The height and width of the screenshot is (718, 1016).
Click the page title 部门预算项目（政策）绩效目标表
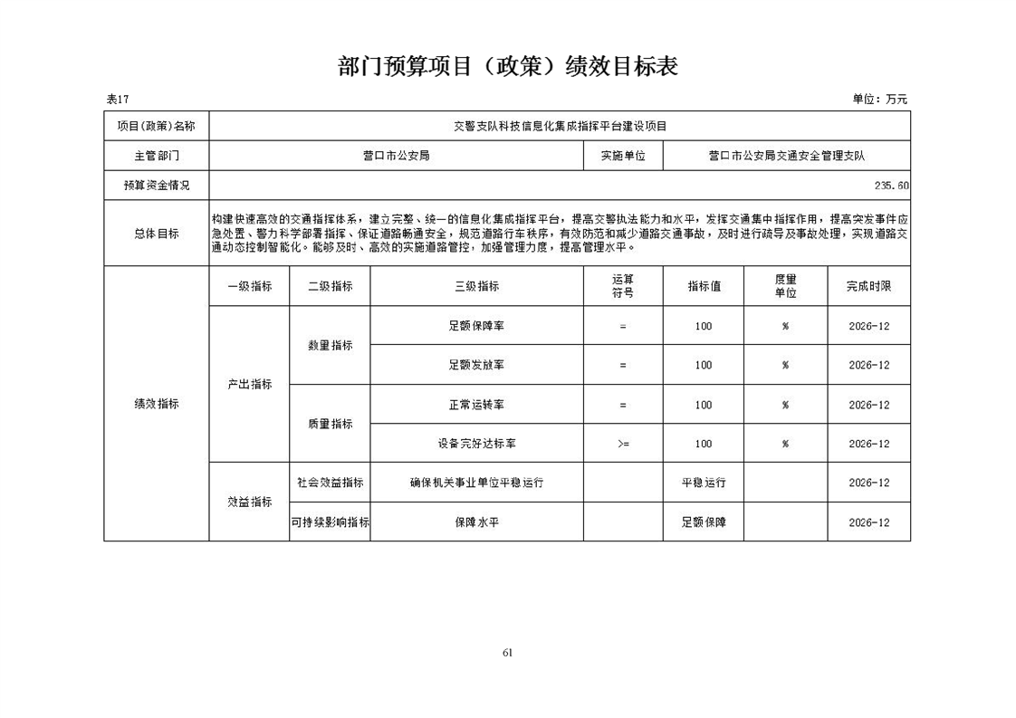coord(507,67)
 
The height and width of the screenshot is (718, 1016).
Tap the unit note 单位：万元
coord(879,99)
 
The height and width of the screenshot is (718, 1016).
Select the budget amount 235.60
coord(892,185)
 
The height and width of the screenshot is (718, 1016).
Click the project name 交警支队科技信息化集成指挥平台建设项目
coord(559,126)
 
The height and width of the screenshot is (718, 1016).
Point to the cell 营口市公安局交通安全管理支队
coord(786,155)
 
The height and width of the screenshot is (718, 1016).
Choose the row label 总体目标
coord(156,234)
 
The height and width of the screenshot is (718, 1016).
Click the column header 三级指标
coord(476,286)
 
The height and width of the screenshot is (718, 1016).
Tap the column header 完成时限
coord(868,286)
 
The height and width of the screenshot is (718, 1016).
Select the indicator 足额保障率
coord(476,326)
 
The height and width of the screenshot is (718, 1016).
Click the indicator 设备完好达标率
coord(476,444)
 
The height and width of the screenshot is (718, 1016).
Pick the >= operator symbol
coord(623,444)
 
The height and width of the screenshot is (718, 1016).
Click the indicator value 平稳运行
coord(704,483)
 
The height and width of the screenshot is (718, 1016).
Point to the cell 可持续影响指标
coord(330,522)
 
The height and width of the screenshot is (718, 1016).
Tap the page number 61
coord(507,652)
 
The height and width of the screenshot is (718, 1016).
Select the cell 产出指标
coord(249,384)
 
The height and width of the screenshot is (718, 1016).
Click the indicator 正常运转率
coord(476,405)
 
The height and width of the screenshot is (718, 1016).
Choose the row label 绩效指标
coord(156,404)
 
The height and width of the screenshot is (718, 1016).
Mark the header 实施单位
coord(623,155)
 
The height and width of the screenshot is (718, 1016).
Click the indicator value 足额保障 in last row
coord(704,522)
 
